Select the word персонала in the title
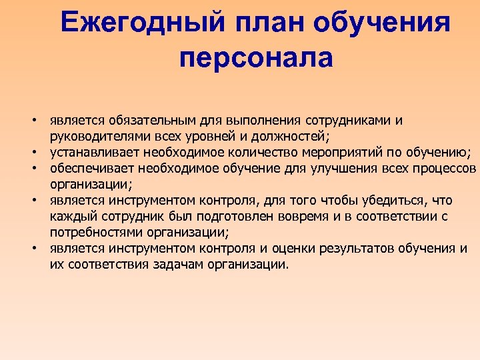256,58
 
